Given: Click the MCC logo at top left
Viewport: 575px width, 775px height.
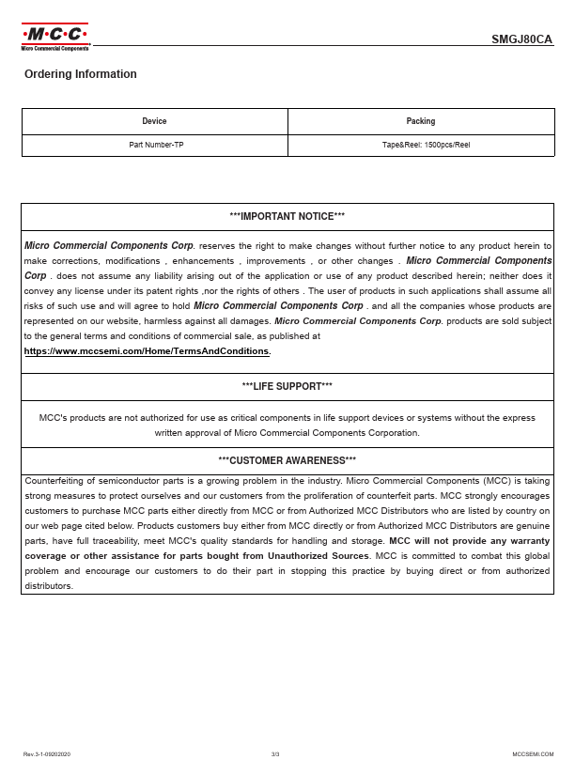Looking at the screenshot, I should tap(54, 35).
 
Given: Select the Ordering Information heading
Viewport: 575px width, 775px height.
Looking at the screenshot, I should tap(81, 74).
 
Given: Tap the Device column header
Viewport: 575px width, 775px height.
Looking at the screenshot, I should tap(154, 121).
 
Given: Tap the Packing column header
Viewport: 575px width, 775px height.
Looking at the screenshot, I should tap(420, 121).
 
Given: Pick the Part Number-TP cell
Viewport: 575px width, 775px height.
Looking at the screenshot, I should tap(154, 145).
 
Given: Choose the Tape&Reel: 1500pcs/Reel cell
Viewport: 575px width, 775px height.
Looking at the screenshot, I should tap(420, 145).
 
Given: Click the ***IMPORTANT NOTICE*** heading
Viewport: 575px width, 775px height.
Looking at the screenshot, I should tap(287, 216).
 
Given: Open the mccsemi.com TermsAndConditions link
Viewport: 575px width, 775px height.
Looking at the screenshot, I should tap(147, 351).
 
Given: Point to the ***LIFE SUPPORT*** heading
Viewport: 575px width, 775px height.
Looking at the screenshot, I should tap(287, 386).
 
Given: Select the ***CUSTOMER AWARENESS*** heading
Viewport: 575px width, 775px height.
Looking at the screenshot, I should tap(287, 460).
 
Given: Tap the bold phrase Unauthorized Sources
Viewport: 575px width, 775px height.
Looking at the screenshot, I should tap(319, 556).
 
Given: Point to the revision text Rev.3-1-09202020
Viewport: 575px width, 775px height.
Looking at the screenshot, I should tap(47, 754).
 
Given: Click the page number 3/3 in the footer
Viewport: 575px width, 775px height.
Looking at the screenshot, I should tap(275, 754).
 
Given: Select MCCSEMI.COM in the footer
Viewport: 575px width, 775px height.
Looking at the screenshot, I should tap(533, 754).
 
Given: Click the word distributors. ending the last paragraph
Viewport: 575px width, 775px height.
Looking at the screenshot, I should tap(49, 586).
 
